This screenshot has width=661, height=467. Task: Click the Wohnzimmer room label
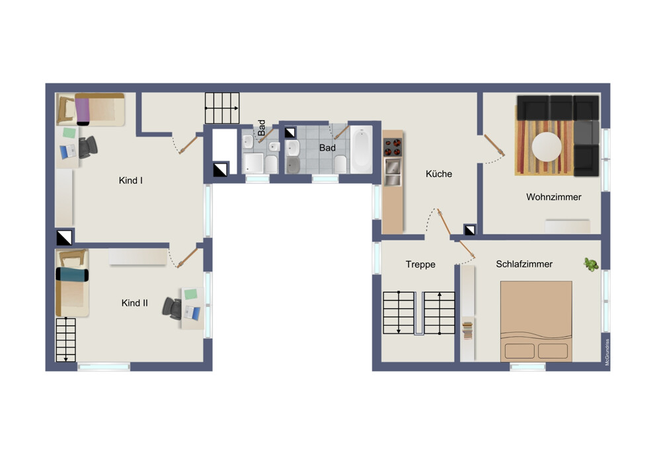pos(553,197)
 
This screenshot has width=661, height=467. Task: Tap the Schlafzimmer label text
pos(524,264)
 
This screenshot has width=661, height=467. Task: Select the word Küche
pos(439,174)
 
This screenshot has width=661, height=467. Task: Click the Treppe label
pos(420,264)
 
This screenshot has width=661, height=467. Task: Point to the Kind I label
pos(131,180)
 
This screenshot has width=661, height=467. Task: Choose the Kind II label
pos(134,303)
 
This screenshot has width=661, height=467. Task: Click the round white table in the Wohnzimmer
pos(547,147)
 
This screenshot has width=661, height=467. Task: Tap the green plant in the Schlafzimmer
pos(591,264)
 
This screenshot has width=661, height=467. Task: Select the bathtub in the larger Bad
pos(362,149)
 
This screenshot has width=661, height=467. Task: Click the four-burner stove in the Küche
pos(393,147)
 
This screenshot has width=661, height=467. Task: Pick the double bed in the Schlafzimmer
pos(536,321)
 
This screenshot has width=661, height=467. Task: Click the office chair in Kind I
pos(88,147)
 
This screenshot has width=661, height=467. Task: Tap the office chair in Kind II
pos(172,308)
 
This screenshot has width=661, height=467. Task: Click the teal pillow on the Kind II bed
pos(72,275)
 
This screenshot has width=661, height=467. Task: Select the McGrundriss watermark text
pos(607,352)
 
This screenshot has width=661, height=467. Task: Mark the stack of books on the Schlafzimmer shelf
pos(467,330)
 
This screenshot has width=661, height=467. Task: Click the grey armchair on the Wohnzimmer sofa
pos(586,132)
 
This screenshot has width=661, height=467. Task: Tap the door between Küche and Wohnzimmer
pos(494,145)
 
